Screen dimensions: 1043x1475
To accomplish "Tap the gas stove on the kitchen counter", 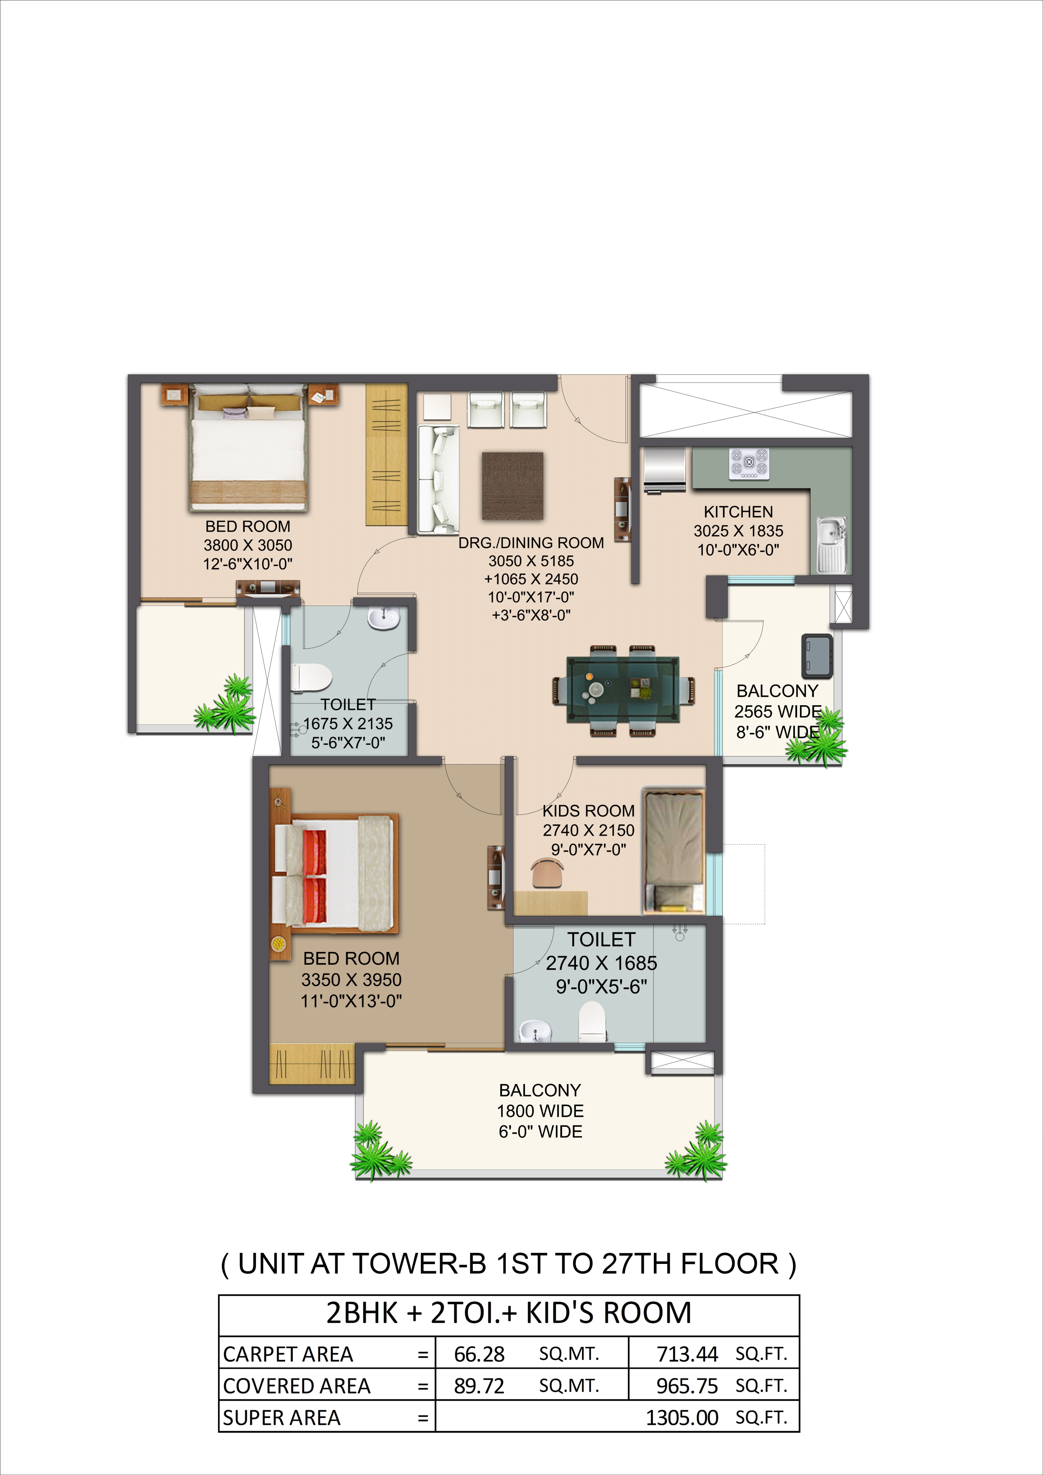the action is coord(749,463).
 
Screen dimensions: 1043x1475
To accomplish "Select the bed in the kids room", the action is coord(674,851).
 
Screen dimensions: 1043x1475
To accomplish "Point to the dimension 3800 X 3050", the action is coord(248,545).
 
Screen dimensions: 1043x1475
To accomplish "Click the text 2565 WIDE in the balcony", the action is coord(778,712).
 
